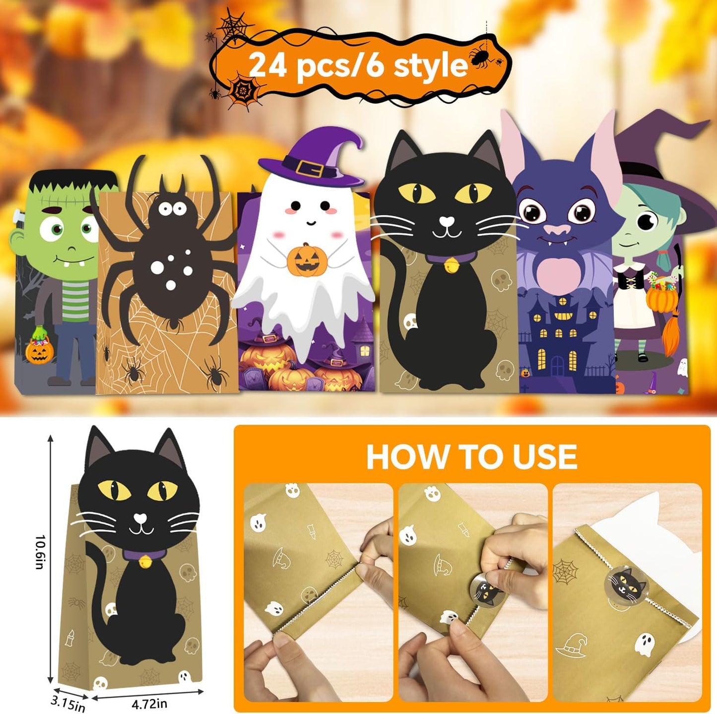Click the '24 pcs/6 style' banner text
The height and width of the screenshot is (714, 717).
(x=358, y=65)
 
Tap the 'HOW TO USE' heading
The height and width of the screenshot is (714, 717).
(x=471, y=456)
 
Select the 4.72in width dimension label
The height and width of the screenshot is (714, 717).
(x=149, y=704)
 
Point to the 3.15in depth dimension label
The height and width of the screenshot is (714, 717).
(x=68, y=704)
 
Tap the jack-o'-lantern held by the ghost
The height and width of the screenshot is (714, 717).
(x=307, y=260)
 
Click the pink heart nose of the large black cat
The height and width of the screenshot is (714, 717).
(x=448, y=220)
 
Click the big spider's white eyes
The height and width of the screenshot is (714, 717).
(x=172, y=208)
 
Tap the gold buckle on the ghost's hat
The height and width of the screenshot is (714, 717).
(x=312, y=170)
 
